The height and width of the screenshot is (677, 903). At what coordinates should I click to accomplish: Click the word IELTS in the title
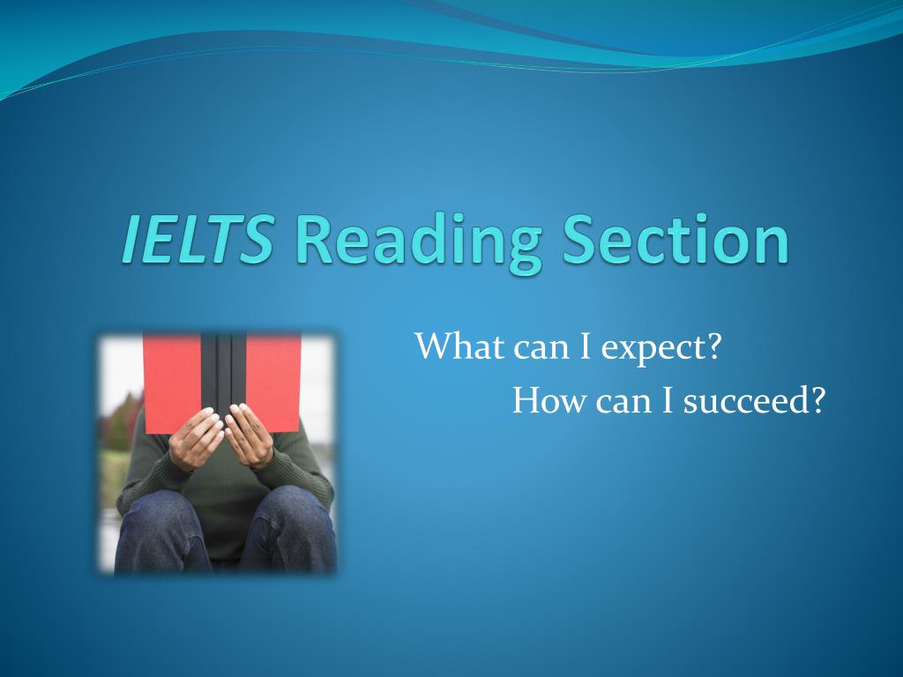(x=196, y=239)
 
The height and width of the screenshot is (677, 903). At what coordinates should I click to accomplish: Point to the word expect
(x=652, y=349)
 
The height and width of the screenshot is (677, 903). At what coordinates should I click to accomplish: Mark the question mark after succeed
(x=817, y=401)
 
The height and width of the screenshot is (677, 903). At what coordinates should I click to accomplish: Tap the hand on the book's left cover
(x=195, y=437)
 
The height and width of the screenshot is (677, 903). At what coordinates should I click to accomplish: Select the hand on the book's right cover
(x=250, y=435)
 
